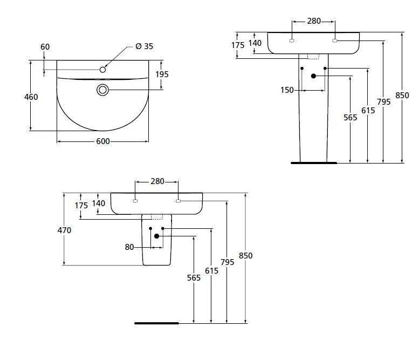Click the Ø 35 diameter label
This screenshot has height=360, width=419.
[x=144, y=46]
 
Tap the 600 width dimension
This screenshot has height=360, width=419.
[x=103, y=141]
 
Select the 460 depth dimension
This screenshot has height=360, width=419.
[x=31, y=97]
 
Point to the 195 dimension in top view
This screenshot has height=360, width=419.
[x=162, y=74]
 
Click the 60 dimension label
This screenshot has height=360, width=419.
[x=45, y=47]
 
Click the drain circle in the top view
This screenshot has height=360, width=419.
[x=102, y=90]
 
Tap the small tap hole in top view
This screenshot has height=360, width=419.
[x=102, y=69]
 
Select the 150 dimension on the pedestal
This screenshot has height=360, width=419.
[x=287, y=90]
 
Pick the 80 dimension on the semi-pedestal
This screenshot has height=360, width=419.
[x=129, y=247]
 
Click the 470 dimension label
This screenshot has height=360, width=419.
[x=64, y=230]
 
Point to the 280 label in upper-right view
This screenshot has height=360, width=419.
[x=314, y=21]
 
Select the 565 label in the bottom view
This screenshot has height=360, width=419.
[x=194, y=277]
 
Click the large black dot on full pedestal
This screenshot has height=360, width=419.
[x=313, y=76]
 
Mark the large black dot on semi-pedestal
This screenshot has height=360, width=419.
[x=157, y=236]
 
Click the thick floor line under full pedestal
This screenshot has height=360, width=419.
[x=313, y=162]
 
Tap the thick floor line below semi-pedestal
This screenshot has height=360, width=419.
[x=156, y=323]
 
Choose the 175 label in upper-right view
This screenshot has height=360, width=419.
[x=238, y=45]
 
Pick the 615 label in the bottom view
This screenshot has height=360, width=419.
[x=211, y=271]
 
